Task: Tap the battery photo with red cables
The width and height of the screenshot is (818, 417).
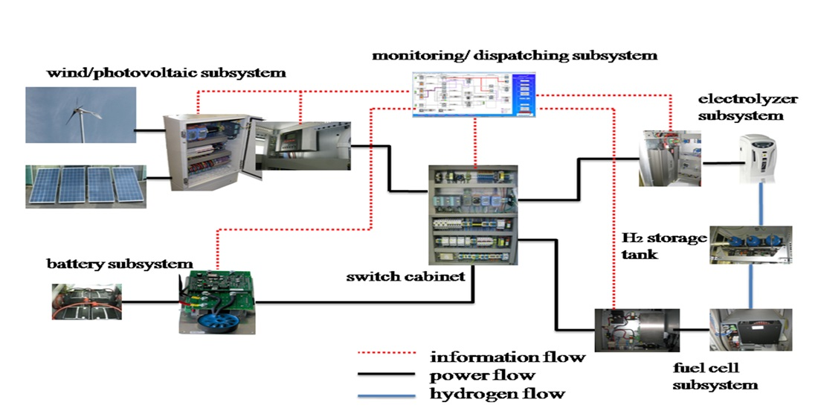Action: (85, 301)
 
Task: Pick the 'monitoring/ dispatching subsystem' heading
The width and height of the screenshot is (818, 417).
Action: (515, 55)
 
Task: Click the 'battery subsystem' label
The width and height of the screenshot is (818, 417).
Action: (120, 264)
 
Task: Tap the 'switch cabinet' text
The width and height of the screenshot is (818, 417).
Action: (405, 277)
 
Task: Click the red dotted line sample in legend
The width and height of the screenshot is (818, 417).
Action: (387, 357)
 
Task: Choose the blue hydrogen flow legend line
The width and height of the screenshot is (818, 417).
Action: (387, 393)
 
